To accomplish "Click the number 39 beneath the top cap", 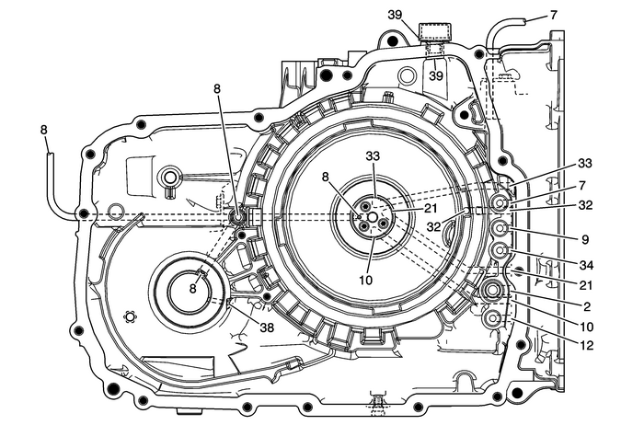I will tap(437, 74).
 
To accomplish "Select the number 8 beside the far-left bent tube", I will tap(43, 131).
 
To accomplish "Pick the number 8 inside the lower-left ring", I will tap(193, 287).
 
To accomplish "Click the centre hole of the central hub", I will tap(374, 218).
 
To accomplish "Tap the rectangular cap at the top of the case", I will tap(431, 35).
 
